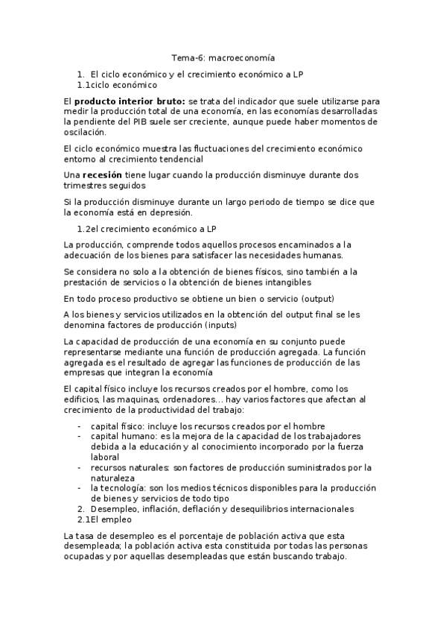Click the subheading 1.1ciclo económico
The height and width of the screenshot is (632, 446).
pyautogui.click(x=117, y=85)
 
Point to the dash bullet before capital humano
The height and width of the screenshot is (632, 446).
pyautogui.click(x=80, y=435)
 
